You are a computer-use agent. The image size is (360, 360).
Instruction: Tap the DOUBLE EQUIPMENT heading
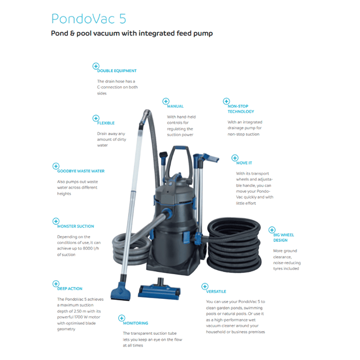tap(117, 70)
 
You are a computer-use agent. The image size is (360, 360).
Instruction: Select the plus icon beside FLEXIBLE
tap(95, 118)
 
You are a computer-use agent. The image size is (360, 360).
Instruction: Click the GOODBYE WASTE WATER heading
tap(84, 171)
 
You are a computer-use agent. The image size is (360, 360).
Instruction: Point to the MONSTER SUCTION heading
tap(76, 226)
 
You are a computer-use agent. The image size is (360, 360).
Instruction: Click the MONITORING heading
tap(135, 323)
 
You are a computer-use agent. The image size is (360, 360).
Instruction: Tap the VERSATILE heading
tap(216, 291)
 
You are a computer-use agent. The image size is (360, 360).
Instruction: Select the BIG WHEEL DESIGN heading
tap(284, 237)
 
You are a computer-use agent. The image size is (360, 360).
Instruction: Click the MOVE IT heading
tap(244, 163)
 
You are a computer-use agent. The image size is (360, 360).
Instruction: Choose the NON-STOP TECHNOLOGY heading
tap(241, 109)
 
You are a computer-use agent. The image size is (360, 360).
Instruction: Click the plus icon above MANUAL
tap(166, 101)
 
